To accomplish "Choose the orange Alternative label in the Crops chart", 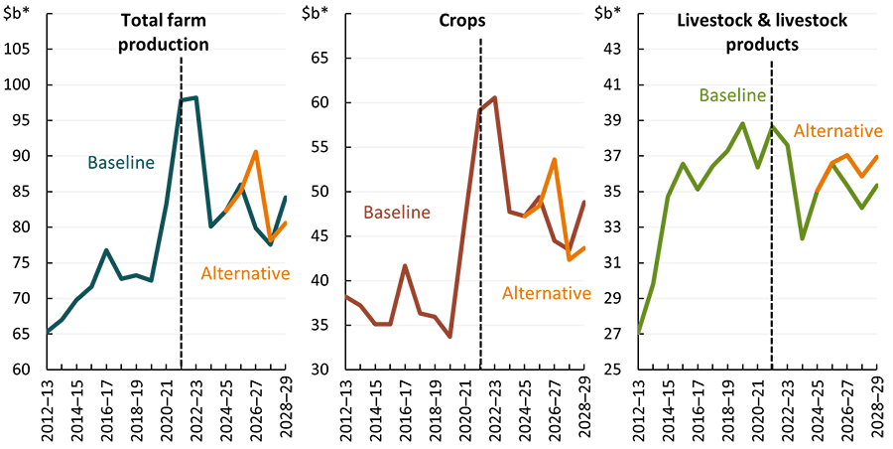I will pyautogui.click(x=546, y=293).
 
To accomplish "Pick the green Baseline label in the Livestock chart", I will pyautogui.click(x=732, y=95).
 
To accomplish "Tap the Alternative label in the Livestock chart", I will pyautogui.click(x=837, y=131).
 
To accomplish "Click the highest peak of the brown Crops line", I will pyautogui.click(x=495, y=97).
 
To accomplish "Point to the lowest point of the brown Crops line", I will pyautogui.click(x=450, y=338).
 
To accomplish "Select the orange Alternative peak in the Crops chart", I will pyautogui.click(x=555, y=159).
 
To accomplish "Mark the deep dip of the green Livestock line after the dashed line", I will pyautogui.click(x=802, y=239).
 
